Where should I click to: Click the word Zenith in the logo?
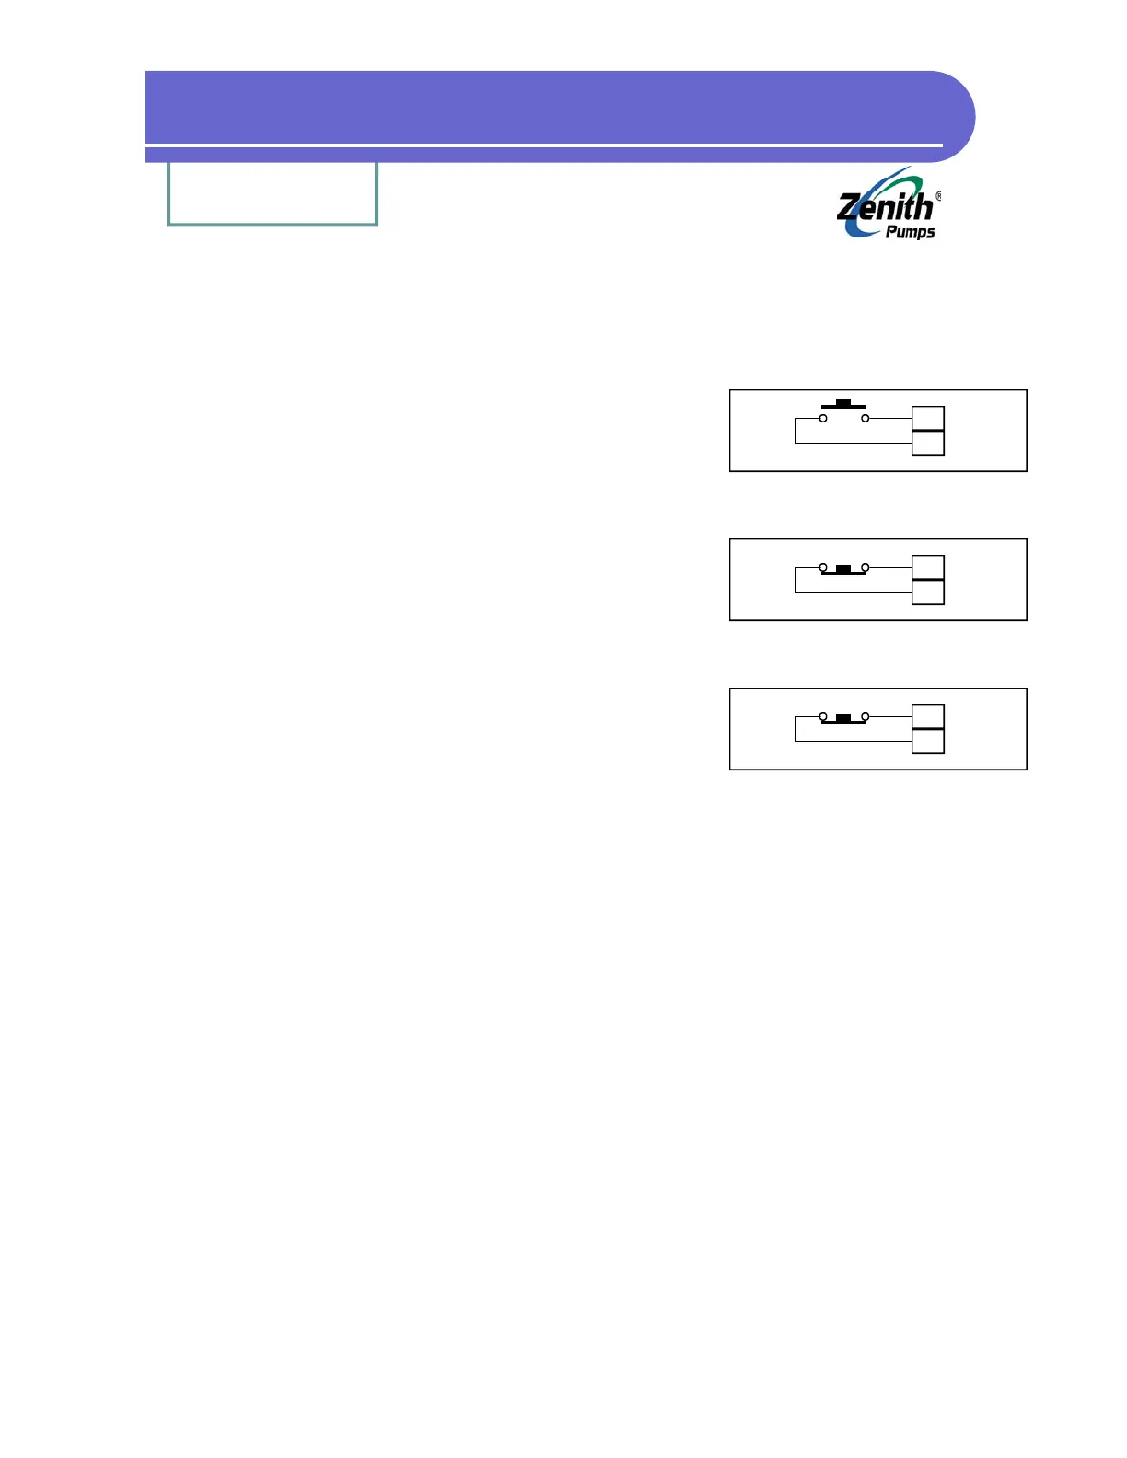(x=885, y=207)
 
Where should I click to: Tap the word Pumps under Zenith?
(x=910, y=232)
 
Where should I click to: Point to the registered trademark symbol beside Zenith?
(x=938, y=196)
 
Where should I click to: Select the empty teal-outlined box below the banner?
(x=273, y=193)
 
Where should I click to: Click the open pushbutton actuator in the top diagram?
(x=843, y=404)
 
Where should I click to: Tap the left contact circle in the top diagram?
(x=823, y=419)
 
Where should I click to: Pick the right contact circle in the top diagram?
(x=865, y=419)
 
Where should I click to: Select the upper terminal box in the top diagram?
(x=928, y=418)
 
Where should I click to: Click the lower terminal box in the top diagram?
(x=928, y=443)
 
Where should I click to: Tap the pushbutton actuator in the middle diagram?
(x=843, y=570)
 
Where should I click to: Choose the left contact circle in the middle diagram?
(x=823, y=568)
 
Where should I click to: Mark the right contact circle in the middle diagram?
(x=865, y=568)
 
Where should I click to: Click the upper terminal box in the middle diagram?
(x=928, y=567)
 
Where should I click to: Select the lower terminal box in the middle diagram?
(x=928, y=592)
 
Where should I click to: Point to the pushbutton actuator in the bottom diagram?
(x=843, y=719)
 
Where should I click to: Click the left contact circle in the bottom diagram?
(x=823, y=717)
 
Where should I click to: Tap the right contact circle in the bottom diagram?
(x=865, y=717)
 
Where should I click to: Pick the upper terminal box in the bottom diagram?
(x=928, y=716)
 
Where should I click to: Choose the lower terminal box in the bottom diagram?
(x=928, y=741)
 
